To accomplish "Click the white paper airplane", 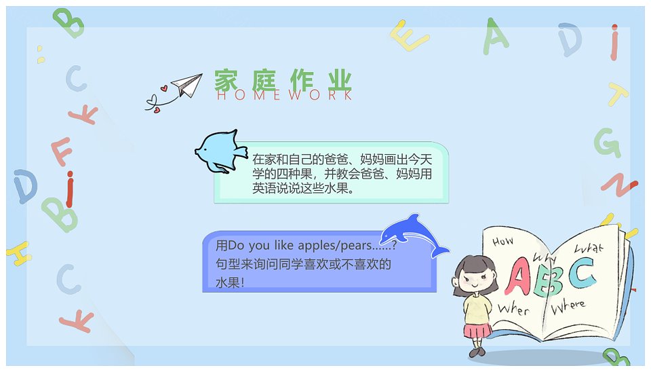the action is [188, 85].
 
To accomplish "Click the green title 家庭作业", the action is [283, 80].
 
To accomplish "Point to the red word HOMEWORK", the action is [284, 95].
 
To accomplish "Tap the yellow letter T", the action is [617, 94].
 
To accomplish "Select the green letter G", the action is [608, 143].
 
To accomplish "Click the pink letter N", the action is [619, 184].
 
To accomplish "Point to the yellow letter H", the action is [19, 253].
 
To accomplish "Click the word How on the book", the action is [502, 241].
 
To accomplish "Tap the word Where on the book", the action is [568, 306].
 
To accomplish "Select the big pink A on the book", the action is [517, 276].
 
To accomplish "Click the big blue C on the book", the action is [582, 273].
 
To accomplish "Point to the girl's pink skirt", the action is [477, 331].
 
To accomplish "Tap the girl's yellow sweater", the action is [477, 308].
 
